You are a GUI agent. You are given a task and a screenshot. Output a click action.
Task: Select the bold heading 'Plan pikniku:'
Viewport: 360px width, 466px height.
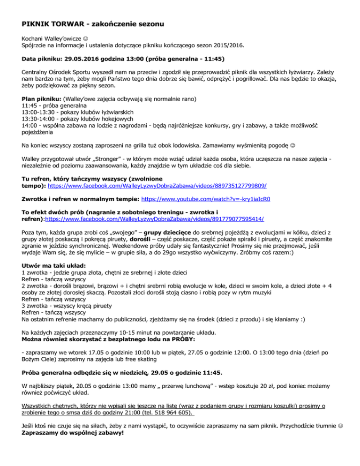(41, 100)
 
